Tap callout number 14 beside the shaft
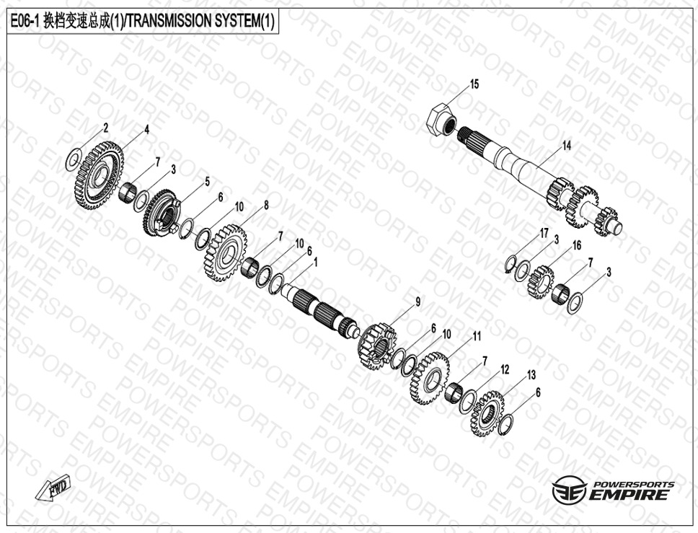pyautogui.click(x=566, y=146)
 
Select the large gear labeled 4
pyautogui.click(x=99, y=175)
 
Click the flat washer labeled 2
pyautogui.click(x=72, y=158)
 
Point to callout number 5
pyautogui.click(x=207, y=181)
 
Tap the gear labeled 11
pyautogui.click(x=430, y=378)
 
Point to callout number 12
pyautogui.click(x=504, y=369)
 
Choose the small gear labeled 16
pyautogui.click(x=540, y=282)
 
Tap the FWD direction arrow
pyautogui.click(x=53, y=488)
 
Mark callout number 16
pyautogui.click(x=576, y=245)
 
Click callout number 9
pyautogui.click(x=418, y=302)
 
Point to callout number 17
pyautogui.click(x=544, y=234)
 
